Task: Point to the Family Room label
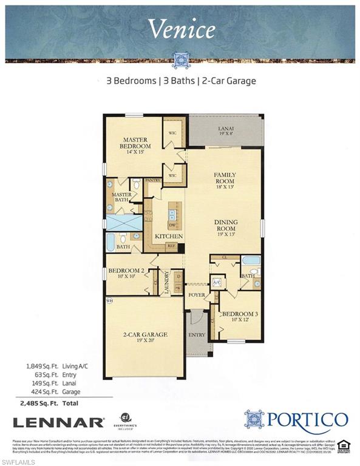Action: (224, 177)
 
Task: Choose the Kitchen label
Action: (165, 235)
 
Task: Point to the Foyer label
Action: (195, 295)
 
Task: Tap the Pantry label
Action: (152, 180)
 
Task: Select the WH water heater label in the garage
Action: (109, 300)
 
